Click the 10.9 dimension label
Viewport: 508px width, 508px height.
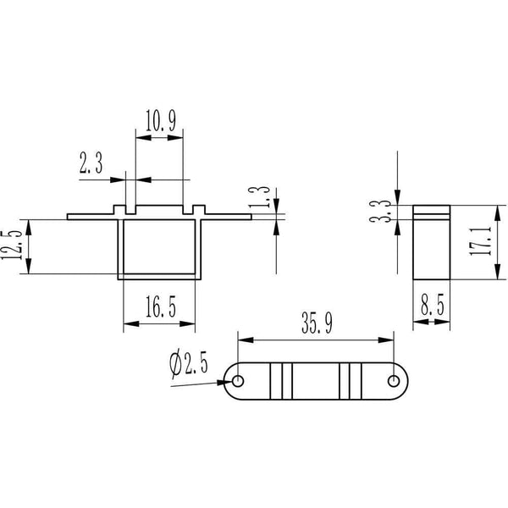pyautogui.click(x=161, y=120)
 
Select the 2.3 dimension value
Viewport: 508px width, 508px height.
pyautogui.click(x=91, y=163)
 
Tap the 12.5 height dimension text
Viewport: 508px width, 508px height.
pyautogui.click(x=12, y=245)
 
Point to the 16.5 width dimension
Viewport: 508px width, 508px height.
pyautogui.click(x=161, y=306)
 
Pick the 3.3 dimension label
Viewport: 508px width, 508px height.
pyautogui.click(x=380, y=211)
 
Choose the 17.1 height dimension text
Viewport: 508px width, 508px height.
pyautogui.click(x=480, y=241)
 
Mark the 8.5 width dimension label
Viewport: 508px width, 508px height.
pyautogui.click(x=433, y=305)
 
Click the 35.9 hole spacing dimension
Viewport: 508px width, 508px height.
pyautogui.click(x=317, y=323)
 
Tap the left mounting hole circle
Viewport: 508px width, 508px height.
pyautogui.click(x=238, y=381)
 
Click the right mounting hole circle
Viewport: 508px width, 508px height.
pyautogui.click(x=394, y=381)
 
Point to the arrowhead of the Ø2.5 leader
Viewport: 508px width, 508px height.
pyautogui.click(x=225, y=383)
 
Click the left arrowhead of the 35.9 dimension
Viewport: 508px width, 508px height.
pyautogui.click(x=246, y=340)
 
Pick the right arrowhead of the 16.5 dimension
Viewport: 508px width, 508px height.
pyautogui.click(x=187, y=323)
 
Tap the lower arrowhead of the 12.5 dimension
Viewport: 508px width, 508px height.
pyautogui.click(x=29, y=266)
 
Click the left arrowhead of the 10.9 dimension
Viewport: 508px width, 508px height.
pyautogui.click(x=144, y=138)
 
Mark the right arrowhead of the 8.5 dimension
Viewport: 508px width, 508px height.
pyautogui.click(x=442, y=322)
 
